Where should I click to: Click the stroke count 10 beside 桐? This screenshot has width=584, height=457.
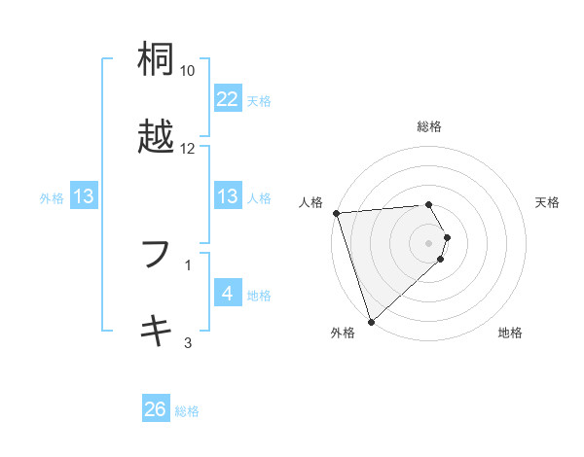coord(188,71)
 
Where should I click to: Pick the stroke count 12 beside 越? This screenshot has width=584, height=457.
coord(188,148)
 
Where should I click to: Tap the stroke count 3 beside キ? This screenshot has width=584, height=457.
coord(188,341)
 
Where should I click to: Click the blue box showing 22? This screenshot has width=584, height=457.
coord(227,99)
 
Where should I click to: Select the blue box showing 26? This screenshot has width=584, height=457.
coord(156,410)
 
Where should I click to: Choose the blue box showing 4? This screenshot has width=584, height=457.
coord(227,295)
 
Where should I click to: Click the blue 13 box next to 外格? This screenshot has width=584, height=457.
coord(84,197)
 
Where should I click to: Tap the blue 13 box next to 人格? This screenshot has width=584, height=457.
coord(227,197)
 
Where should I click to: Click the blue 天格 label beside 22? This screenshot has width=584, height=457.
coord(259,100)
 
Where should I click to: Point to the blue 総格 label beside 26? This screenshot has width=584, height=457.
coord(187,411)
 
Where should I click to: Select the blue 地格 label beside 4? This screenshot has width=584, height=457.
coord(259,296)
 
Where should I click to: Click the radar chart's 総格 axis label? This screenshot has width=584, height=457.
coord(429,126)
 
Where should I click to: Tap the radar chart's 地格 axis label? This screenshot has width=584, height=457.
coord(510,334)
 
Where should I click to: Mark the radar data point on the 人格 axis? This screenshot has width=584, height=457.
coord(336,213)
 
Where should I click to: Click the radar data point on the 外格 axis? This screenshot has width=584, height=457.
coord(371,321)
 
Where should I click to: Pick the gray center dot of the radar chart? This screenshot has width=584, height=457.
coord(429,242)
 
